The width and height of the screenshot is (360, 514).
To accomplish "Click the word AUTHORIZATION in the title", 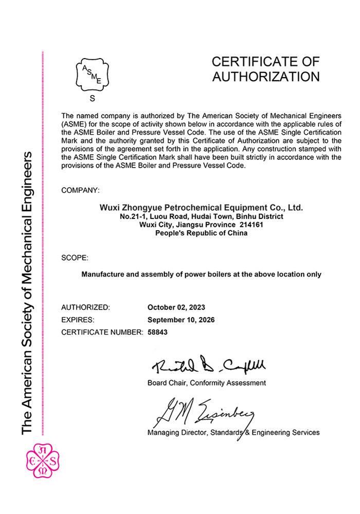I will click(x=266, y=77).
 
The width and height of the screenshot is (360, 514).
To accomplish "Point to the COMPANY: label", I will click(x=80, y=191).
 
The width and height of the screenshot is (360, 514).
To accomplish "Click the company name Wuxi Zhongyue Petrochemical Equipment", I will click(x=201, y=208).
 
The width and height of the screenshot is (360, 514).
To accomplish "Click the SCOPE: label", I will click(x=75, y=258).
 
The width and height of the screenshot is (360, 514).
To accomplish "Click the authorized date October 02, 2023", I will click(x=176, y=307).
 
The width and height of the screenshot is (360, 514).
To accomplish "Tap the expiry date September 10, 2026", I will click(x=181, y=320).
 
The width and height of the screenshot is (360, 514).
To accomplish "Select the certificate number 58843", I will click(x=158, y=332).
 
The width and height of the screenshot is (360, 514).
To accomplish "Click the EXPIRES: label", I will click(x=79, y=320).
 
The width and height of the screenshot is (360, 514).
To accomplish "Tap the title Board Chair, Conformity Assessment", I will click(x=207, y=383).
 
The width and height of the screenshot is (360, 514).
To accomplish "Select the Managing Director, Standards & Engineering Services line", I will click(x=233, y=432).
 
